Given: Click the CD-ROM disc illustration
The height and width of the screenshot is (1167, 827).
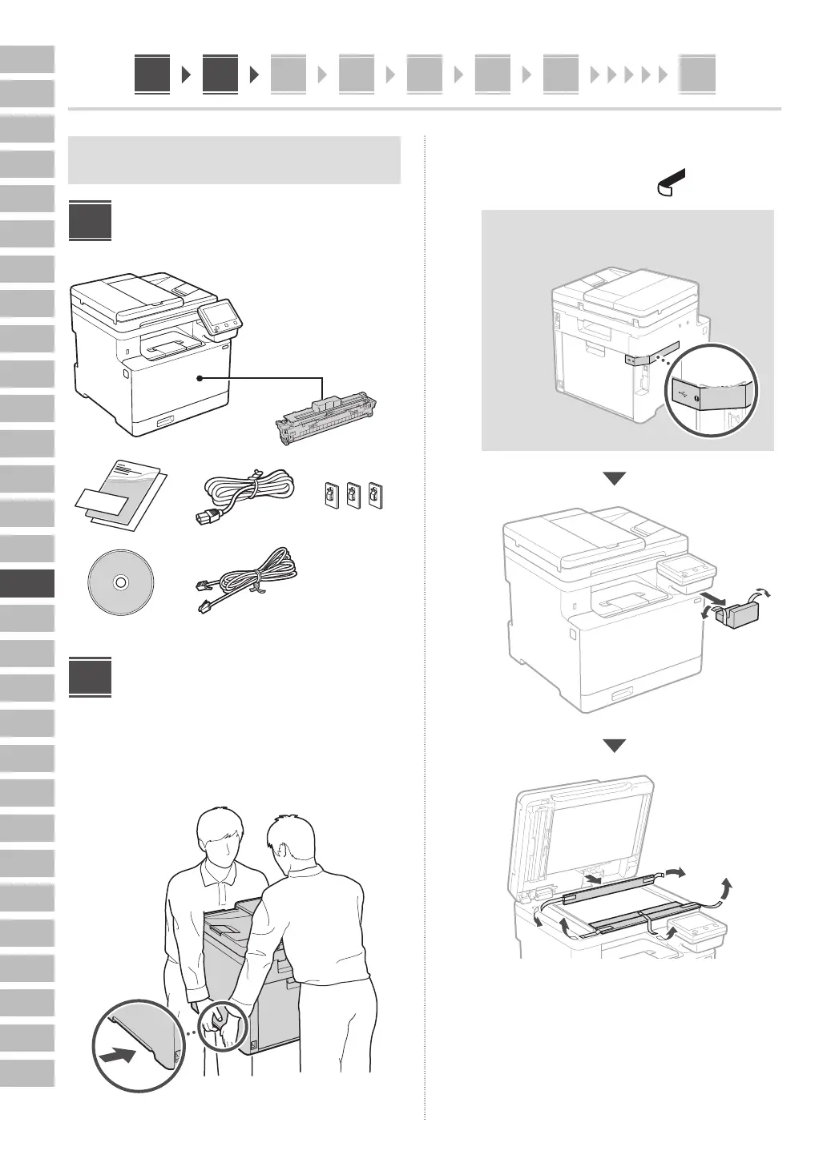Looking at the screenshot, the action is pos(119,582).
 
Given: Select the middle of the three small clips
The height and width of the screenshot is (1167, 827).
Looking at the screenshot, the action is pos(353,496).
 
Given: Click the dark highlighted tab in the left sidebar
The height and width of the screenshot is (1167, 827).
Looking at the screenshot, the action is pos(27,583).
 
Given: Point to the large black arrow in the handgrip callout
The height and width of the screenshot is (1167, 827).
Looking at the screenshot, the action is pos(119,1056).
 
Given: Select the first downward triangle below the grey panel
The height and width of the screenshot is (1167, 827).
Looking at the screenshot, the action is pos(615,479).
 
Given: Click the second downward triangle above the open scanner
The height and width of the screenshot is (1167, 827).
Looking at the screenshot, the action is pos(615,746).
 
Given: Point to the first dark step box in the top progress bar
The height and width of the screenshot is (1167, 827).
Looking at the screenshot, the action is pos(152,74).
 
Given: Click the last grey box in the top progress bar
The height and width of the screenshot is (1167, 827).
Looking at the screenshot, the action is pos(697,75).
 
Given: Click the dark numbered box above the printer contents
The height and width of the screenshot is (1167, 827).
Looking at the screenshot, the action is pos(90,220).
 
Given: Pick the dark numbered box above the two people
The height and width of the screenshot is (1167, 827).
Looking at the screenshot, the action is pos(90,677).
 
